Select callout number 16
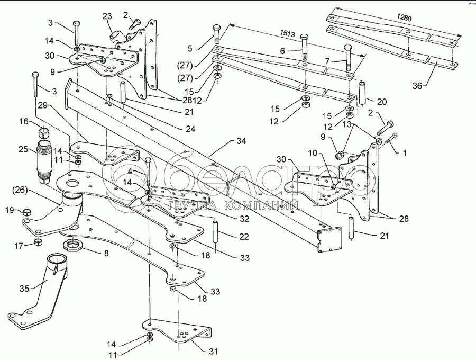click(24, 122)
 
